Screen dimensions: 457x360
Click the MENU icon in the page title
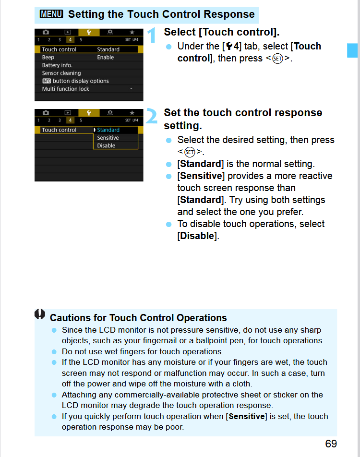51,14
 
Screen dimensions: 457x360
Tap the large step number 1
152,36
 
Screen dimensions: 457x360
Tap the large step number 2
152,117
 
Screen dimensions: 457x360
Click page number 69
331,444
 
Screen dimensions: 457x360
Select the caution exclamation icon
40,314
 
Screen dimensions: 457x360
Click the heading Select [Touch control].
221,32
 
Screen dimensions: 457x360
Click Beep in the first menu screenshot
48,57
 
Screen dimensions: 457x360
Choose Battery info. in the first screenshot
57,65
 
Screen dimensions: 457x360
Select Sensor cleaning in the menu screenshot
61,73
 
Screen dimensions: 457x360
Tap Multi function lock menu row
66,89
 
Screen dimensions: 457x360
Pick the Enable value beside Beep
106,57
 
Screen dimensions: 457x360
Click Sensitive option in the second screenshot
108,138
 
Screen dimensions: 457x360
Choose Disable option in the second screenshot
106,145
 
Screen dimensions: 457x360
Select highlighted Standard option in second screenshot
108,130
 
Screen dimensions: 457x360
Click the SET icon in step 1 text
277,59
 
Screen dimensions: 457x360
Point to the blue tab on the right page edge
352,50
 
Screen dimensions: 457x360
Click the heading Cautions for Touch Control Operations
138,318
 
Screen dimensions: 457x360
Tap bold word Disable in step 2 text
197,236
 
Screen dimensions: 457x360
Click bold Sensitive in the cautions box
247,416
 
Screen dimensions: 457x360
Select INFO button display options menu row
75,81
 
